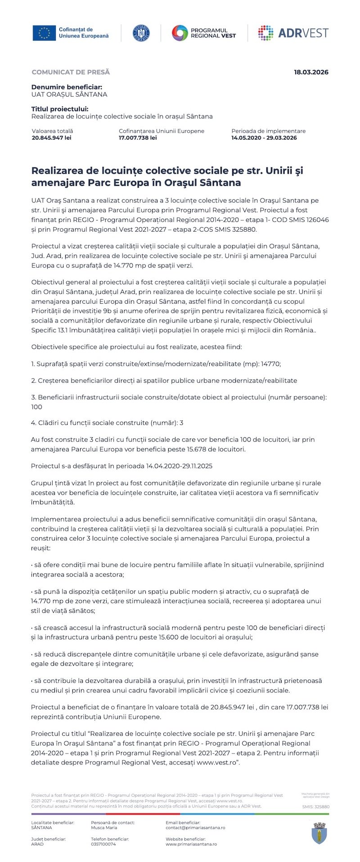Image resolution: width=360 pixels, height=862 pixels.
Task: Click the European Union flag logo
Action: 44,33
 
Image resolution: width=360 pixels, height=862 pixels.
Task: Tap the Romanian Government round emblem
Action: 141,33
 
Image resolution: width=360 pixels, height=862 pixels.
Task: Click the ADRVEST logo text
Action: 303,33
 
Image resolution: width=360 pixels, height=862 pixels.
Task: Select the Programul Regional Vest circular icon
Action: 180,33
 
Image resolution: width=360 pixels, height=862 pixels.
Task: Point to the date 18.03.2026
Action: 311,72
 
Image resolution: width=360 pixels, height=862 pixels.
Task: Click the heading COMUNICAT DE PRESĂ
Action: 71,72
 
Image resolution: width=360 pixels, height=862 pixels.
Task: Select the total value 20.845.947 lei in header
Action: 51,138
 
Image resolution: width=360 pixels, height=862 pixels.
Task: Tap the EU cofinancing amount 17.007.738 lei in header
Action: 138,138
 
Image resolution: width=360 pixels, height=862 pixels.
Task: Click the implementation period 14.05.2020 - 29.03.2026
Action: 264,138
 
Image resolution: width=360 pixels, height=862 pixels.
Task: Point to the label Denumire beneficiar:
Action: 67,87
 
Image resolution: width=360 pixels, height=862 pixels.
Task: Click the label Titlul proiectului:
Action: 60,109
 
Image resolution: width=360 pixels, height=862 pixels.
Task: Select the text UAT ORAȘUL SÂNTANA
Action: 69,94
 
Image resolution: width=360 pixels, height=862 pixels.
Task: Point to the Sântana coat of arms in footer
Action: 319,833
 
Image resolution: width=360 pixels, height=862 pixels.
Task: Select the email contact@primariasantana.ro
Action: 195,827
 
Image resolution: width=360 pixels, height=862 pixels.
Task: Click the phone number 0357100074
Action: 103,844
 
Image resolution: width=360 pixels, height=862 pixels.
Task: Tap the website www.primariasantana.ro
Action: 191,844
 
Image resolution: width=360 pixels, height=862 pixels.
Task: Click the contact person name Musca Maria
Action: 104,827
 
